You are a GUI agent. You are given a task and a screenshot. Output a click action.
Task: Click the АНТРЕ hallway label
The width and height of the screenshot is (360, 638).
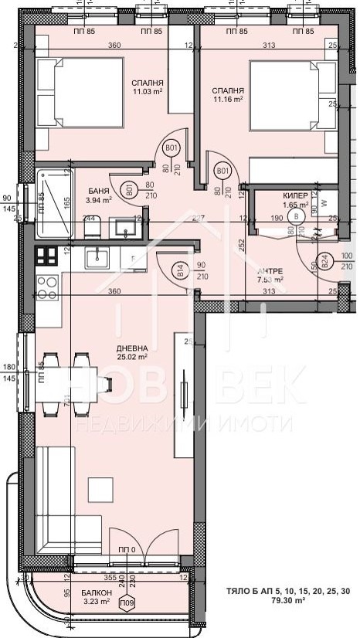tap(270, 270)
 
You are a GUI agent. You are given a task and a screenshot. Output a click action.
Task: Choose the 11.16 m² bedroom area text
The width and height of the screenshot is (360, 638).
tap(228, 100)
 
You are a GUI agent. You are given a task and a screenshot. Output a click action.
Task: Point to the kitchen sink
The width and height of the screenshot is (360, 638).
tap(97, 258)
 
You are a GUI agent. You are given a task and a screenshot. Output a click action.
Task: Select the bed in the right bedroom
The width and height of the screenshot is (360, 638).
tap(290, 96)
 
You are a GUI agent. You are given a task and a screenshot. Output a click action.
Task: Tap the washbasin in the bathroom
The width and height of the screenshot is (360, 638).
tap(122, 228)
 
